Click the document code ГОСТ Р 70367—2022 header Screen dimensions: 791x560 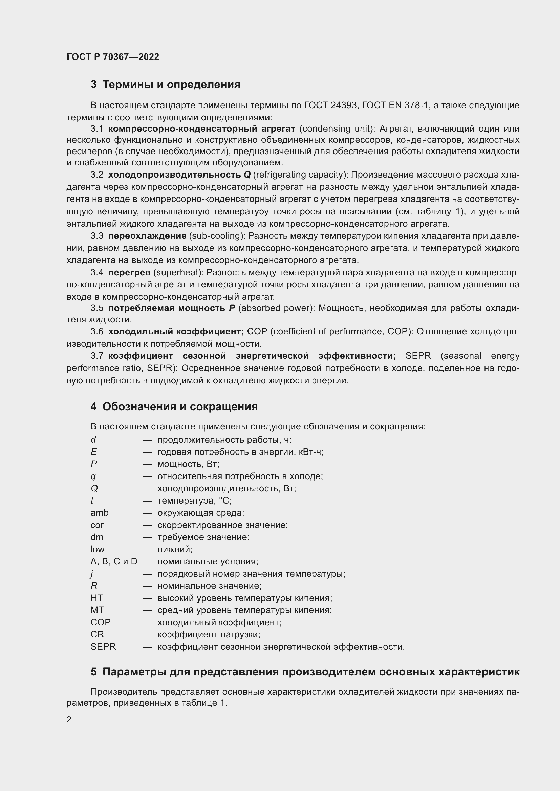tap(113, 57)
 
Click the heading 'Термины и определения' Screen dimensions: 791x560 tap(171, 85)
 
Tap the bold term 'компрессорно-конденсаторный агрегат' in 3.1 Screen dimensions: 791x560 tap(202, 129)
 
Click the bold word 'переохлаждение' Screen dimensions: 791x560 tap(147, 236)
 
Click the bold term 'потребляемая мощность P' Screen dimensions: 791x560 tap(171, 308)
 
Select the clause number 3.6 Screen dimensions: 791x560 tap(97, 332)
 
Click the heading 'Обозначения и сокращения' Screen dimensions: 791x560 tap(180, 406)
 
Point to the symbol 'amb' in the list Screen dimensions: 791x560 tap(99, 513)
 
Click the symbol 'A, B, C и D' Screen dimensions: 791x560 tap(114, 562)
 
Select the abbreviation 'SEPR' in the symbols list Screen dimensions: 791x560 tap(103, 647)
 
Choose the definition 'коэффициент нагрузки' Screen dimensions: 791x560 tap(208, 634)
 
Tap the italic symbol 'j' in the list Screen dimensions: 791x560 tap(92, 574)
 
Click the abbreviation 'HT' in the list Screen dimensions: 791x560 tap(96, 598)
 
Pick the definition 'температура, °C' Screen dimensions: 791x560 tap(194, 501)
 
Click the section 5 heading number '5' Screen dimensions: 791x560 tap(93, 672)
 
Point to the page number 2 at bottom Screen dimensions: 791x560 tap(69, 719)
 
